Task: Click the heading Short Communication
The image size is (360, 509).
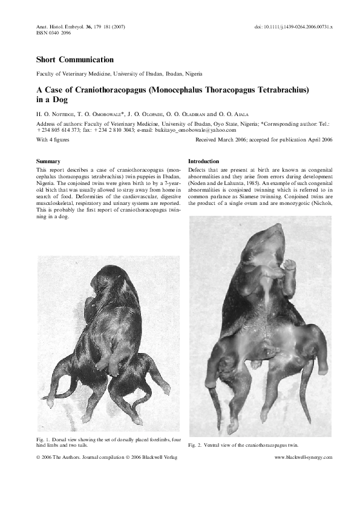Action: [75, 60]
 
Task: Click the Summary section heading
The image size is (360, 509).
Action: [48, 162]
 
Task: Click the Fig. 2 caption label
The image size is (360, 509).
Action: [195, 445]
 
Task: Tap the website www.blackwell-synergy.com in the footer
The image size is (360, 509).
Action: [304, 458]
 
